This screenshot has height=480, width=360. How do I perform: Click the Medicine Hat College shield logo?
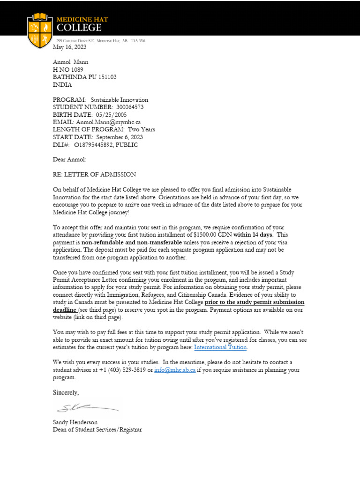point(39,30)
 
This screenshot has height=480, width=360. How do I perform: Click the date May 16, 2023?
point(69,47)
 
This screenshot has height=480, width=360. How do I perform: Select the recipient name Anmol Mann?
point(70,62)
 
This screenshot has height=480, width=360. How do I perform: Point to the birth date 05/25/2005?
point(112,114)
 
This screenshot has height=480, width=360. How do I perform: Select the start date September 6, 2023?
point(120,137)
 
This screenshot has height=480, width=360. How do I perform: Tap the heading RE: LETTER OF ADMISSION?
point(94,174)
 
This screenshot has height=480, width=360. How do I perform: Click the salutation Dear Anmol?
point(69,159)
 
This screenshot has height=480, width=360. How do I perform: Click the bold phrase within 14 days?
point(253,234)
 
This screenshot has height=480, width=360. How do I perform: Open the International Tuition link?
point(220,347)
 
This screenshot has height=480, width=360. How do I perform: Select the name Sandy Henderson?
point(75,422)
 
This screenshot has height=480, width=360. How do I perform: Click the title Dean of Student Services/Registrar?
point(97,429)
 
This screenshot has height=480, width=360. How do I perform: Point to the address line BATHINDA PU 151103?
point(84,77)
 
